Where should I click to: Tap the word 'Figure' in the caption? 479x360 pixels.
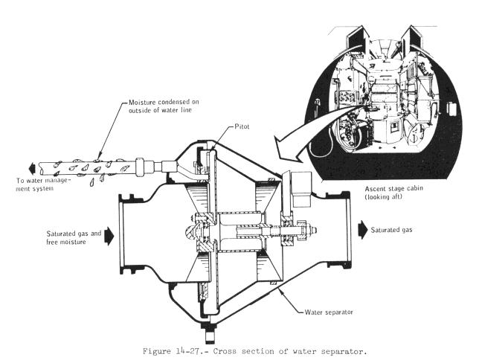(x=159, y=350)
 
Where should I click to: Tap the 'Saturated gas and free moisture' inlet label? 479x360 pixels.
(x=72, y=237)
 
